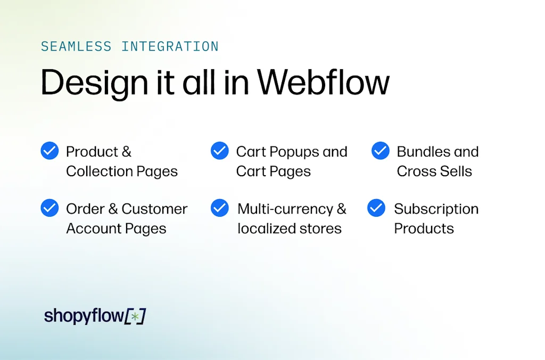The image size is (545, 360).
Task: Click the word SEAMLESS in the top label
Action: pyautogui.click(x=76, y=46)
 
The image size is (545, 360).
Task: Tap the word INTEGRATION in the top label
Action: pyautogui.click(x=170, y=46)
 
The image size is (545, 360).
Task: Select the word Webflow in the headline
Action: pyautogui.click(x=324, y=83)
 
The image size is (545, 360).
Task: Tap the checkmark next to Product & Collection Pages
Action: pyautogui.click(x=49, y=151)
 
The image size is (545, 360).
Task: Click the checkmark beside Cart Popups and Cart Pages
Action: pyautogui.click(x=220, y=151)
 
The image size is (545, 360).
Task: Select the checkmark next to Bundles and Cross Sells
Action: pyautogui.click(x=381, y=151)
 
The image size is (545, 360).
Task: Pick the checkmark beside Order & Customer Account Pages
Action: pyautogui.click(x=49, y=208)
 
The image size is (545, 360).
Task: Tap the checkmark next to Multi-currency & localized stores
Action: pyautogui.click(x=220, y=208)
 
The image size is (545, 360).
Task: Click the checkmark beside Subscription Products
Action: pyautogui.click(x=376, y=208)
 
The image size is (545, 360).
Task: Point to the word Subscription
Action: pyautogui.click(x=436, y=209)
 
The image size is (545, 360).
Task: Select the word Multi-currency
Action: pyautogui.click(x=286, y=209)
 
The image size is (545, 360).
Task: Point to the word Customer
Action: pyautogui.click(x=154, y=209)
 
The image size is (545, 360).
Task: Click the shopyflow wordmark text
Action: pyautogui.click(x=84, y=316)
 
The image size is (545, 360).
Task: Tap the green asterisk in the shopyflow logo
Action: pyautogui.click(x=135, y=316)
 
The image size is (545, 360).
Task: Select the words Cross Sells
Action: pyautogui.click(x=434, y=171)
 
